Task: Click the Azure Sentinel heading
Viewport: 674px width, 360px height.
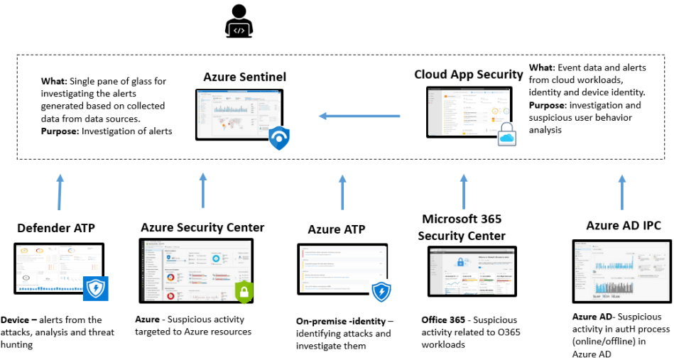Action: click(244, 77)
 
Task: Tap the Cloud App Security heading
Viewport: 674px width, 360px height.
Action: click(468, 75)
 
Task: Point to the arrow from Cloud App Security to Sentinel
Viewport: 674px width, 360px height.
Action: click(359, 116)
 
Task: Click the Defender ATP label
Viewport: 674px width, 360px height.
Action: click(55, 228)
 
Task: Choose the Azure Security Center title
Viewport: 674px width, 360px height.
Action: click(202, 228)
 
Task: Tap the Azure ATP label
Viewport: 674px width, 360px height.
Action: click(336, 229)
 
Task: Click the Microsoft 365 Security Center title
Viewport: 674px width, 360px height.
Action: click(462, 227)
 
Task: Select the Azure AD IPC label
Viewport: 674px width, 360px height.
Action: click(624, 226)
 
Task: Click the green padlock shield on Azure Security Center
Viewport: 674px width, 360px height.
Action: click(244, 292)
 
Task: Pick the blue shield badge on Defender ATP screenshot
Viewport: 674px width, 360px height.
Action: click(94, 288)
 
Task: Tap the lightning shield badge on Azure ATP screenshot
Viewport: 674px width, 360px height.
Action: click(382, 291)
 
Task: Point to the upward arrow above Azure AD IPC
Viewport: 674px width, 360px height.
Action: click(623, 190)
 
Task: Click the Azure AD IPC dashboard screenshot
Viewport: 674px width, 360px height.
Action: click(621, 272)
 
